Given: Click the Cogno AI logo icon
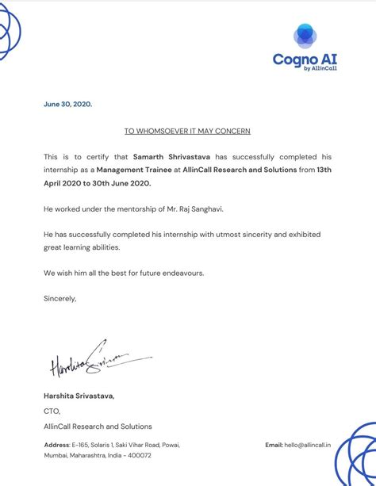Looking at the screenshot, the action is (305, 36).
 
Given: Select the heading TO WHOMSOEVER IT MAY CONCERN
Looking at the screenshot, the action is (187, 130).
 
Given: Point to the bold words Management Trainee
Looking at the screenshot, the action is (131, 170).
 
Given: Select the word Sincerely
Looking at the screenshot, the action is (60, 299).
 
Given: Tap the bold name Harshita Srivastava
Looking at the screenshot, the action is (79, 396).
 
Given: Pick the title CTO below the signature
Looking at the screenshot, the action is (52, 411).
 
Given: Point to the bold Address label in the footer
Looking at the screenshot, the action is (57, 446).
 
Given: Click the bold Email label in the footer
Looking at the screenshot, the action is (274, 446).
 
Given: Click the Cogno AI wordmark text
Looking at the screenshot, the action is (304, 59).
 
